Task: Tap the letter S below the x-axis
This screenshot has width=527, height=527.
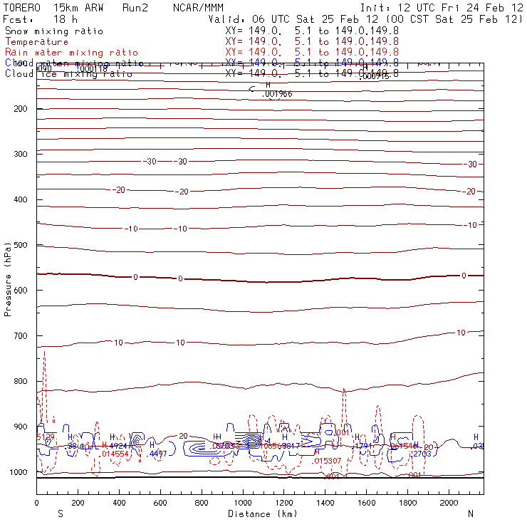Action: click(60, 513)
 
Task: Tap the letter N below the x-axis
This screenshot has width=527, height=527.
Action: click(470, 513)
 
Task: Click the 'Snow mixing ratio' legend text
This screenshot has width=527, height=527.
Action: click(53, 31)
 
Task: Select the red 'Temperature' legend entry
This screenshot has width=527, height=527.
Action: click(36, 42)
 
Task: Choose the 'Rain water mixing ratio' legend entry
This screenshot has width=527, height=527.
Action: click(62, 53)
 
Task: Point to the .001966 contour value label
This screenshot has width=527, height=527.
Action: click(277, 94)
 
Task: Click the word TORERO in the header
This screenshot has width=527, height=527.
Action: click(22, 8)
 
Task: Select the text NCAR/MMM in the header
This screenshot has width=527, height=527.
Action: click(198, 8)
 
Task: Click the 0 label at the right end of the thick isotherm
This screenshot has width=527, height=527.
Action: click(464, 276)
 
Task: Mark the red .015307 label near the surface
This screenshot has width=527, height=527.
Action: click(327, 461)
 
